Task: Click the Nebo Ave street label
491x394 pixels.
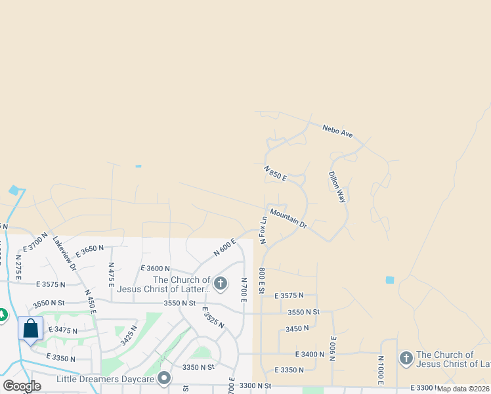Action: [338, 131]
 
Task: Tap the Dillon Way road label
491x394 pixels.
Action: [337, 187]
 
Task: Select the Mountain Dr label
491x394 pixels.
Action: [288, 219]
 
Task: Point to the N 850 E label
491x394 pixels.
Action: [276, 175]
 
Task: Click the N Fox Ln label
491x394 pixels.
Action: [263, 230]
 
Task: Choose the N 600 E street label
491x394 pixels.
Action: [224, 248]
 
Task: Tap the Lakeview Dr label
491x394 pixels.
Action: [65, 253]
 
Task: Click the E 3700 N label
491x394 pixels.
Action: [35, 242]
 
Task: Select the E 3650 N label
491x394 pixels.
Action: [90, 251]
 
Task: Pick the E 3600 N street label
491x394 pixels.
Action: [155, 269]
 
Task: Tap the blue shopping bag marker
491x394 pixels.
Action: [31, 328]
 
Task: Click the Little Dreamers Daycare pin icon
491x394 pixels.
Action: [164, 378]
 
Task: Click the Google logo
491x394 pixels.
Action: [22, 386]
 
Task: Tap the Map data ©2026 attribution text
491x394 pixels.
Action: [463, 389]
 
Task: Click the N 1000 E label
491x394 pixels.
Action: [381, 370]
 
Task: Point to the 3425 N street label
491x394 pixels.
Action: [129, 336]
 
